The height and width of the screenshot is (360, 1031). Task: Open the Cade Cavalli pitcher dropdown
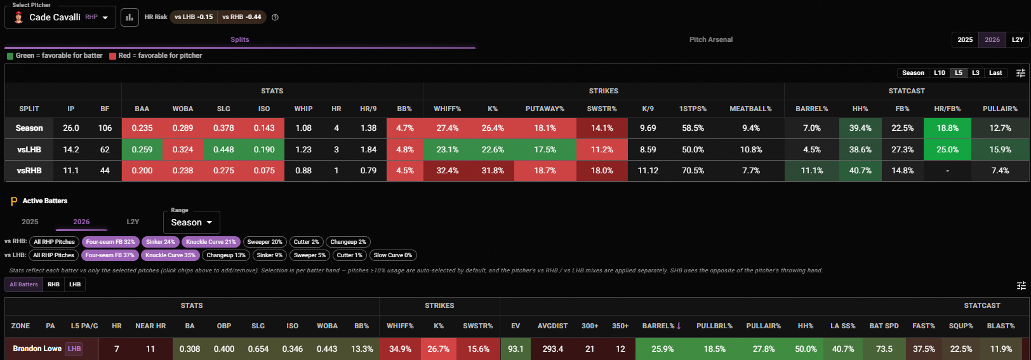pos(60,18)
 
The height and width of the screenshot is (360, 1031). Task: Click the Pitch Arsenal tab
pos(710,39)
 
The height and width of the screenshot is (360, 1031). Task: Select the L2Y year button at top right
pos(1017,39)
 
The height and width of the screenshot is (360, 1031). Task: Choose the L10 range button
pos(940,73)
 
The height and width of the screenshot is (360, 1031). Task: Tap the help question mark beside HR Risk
pos(275,18)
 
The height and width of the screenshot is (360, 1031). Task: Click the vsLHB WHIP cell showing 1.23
pos(303,150)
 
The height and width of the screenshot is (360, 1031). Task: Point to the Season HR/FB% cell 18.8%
pos(947,128)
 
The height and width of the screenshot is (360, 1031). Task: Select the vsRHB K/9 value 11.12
pos(648,171)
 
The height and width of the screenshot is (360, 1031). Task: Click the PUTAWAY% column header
pos(545,109)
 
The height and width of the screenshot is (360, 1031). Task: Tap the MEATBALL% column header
pos(750,109)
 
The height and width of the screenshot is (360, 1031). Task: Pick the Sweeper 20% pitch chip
pos(265,242)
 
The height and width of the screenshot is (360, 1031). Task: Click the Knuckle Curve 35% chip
pos(170,255)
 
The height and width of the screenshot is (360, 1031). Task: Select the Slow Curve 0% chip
pos(392,255)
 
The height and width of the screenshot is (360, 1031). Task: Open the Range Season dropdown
pos(192,222)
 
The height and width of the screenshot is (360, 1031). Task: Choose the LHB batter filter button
pos(74,284)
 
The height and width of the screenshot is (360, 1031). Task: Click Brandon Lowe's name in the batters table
pos(37,349)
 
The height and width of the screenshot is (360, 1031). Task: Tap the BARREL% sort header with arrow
pos(662,326)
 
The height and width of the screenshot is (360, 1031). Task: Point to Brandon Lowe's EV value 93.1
pos(515,349)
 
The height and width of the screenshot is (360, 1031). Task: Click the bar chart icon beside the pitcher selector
pos(130,18)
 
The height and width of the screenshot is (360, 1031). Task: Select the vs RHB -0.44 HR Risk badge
pos(242,17)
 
